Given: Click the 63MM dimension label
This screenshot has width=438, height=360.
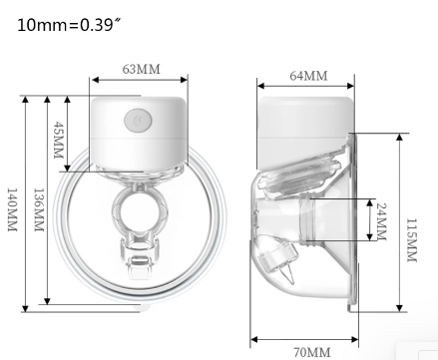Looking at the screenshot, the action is click(x=142, y=69).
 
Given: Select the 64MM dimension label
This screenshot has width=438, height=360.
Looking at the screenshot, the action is click(x=308, y=76).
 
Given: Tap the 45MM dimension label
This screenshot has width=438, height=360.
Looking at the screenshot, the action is click(x=58, y=140).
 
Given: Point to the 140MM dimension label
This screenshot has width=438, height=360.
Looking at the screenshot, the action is click(x=12, y=209).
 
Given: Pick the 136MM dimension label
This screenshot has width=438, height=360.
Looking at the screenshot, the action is click(x=39, y=209).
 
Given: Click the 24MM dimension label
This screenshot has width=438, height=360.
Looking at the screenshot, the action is click(x=381, y=221).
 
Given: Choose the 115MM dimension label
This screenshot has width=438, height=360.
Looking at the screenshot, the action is click(x=412, y=240).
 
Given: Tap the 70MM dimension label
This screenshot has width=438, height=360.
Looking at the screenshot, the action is click(x=312, y=352).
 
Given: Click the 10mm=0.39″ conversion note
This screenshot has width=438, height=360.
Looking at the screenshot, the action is click(x=69, y=25).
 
